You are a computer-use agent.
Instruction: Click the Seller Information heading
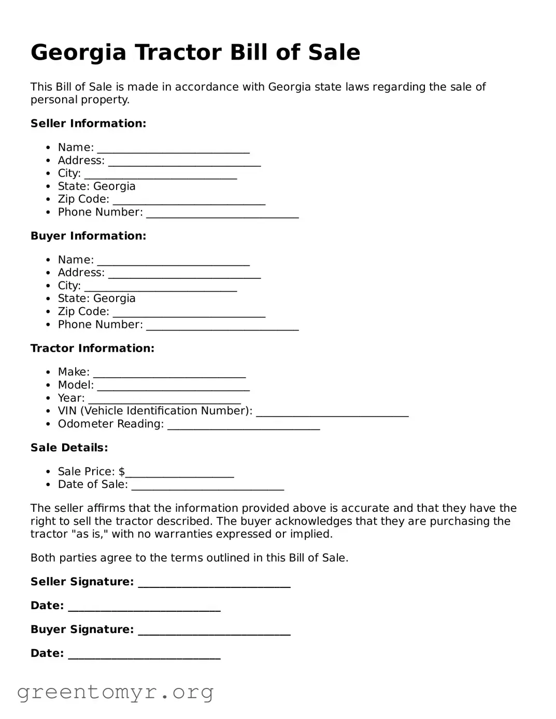(x=88, y=123)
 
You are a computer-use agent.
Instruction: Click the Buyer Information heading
(x=88, y=236)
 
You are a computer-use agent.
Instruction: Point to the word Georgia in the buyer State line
(x=115, y=298)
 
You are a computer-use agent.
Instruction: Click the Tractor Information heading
(x=92, y=348)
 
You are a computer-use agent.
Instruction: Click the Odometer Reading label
(x=110, y=424)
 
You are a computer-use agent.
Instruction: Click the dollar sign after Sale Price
(x=122, y=471)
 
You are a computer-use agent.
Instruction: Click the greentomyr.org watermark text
(x=115, y=692)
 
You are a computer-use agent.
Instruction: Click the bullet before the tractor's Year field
(x=48, y=398)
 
